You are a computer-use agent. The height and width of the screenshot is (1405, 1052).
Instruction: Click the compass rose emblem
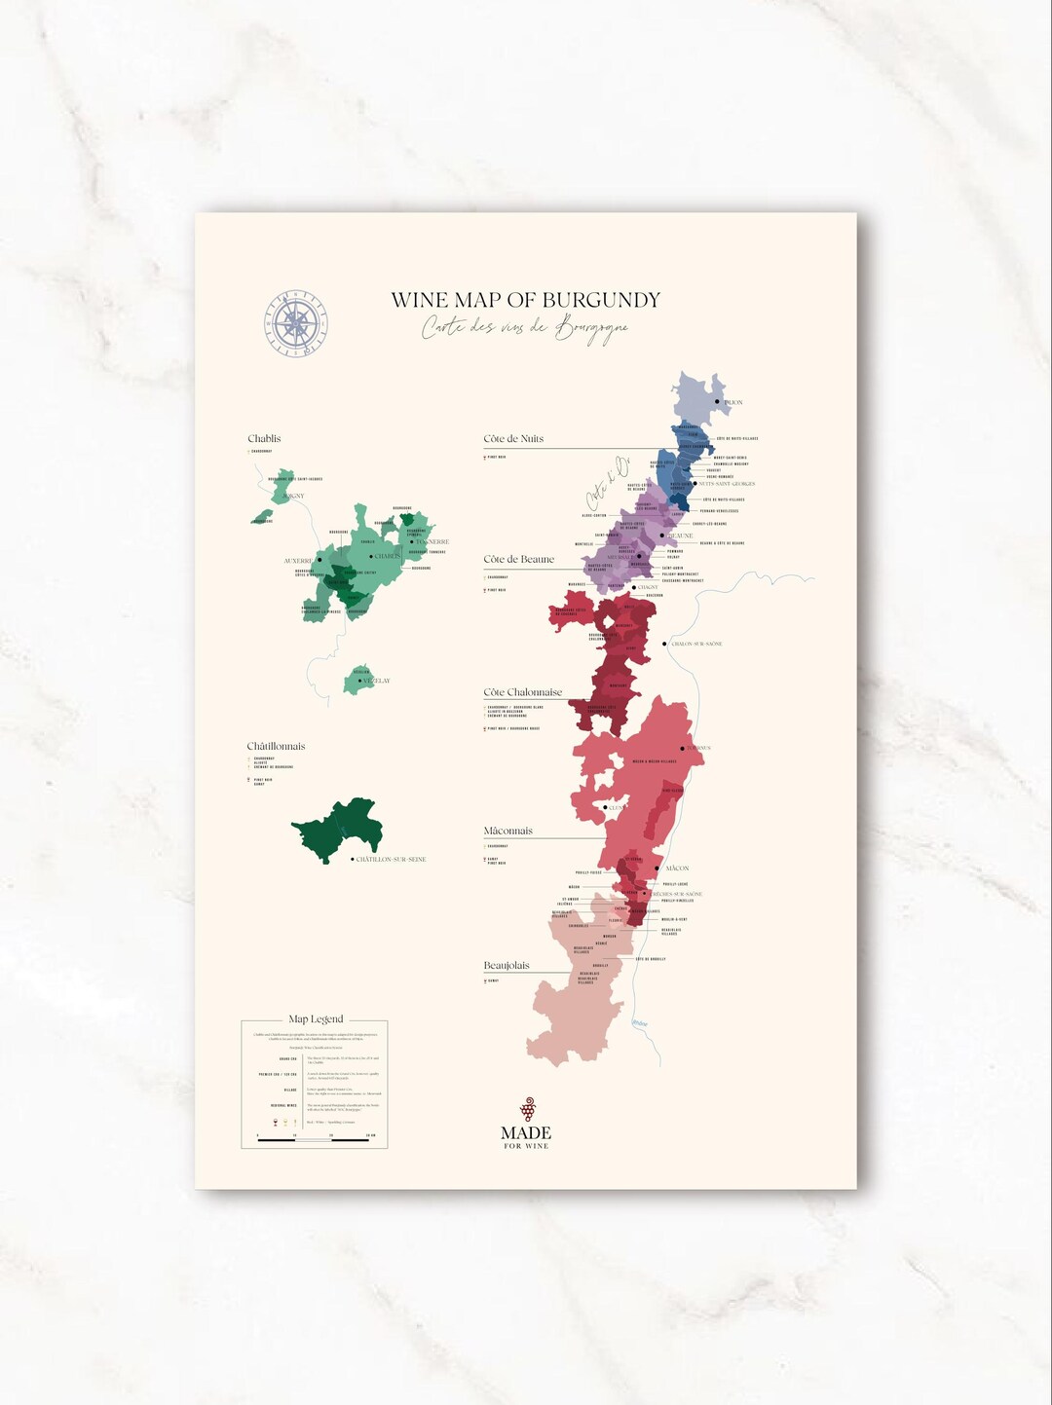[297, 323]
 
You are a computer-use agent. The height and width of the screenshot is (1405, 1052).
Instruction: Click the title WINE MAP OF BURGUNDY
[525, 300]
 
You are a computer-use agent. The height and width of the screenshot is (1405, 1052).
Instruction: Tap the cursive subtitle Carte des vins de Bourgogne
[525, 328]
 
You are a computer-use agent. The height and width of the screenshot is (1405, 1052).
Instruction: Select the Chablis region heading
[264, 439]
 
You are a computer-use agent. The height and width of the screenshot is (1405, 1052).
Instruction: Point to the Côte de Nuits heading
[513, 439]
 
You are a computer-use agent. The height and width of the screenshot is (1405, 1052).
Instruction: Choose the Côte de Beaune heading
[518, 560]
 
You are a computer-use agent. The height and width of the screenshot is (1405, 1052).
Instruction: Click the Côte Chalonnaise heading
[522, 692]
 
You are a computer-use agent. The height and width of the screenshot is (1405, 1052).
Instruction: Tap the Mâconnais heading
[507, 832]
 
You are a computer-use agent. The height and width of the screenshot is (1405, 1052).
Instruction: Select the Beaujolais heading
[507, 966]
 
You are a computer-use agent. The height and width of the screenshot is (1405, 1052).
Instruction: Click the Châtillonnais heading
[276, 747]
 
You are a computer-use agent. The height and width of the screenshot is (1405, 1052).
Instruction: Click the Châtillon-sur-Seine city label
[391, 860]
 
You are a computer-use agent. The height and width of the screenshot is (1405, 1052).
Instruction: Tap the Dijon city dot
[718, 401]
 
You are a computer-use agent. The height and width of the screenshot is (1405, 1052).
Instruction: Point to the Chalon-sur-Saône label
[696, 644]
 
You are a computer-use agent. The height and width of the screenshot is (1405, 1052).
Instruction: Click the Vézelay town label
[376, 682]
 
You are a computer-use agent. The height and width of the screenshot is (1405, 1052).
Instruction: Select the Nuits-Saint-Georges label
[727, 484]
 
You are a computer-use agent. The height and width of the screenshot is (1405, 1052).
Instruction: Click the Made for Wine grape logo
[527, 1109]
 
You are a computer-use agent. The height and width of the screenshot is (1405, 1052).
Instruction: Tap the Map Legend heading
[316, 1019]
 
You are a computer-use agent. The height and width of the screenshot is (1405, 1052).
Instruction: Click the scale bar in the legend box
[314, 1139]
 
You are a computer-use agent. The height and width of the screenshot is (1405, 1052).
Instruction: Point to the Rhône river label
[639, 1023]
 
